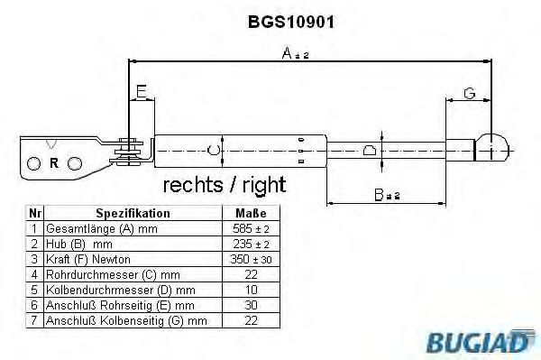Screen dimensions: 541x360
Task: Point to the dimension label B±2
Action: [x=388, y=192]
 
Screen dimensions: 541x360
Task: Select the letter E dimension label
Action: [x=141, y=91]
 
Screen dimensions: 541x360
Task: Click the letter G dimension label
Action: [x=469, y=93]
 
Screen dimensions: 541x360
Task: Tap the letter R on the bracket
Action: [x=54, y=163]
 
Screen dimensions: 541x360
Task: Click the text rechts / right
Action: [x=224, y=186]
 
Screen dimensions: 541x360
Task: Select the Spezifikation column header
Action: [x=133, y=213]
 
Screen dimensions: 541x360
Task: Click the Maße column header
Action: [x=251, y=213]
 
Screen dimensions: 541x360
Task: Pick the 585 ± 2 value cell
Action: [x=251, y=228]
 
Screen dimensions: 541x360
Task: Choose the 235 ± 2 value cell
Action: [x=251, y=244]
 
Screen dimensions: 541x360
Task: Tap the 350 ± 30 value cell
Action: [x=251, y=259]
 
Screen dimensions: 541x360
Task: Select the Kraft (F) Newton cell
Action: [x=95, y=259]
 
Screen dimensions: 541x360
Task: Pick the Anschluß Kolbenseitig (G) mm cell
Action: [x=125, y=320]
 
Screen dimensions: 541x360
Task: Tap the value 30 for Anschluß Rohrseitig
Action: [x=251, y=305]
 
